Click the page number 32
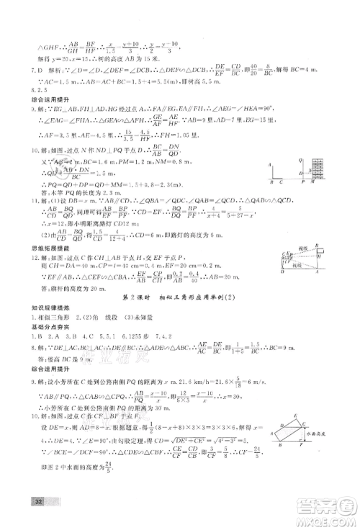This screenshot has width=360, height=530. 31,518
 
